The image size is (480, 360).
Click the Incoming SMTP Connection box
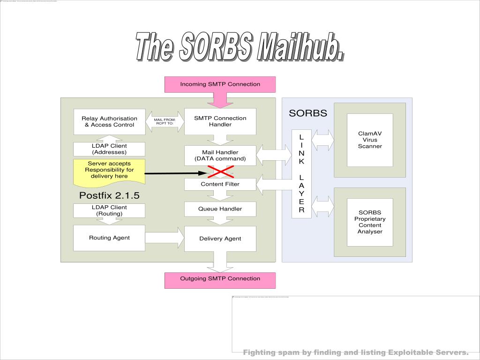[x=220, y=84]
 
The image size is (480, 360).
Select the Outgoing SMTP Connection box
[x=220, y=280]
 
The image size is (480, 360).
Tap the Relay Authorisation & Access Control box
[x=109, y=121]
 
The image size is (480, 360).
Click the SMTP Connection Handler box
[x=220, y=121]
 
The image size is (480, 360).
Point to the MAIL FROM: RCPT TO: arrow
[x=165, y=121]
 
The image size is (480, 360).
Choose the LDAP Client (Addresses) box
[x=109, y=149]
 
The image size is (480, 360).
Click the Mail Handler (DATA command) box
[x=220, y=156]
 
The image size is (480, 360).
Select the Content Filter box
[x=220, y=184]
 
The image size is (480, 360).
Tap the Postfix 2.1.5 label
[x=109, y=195]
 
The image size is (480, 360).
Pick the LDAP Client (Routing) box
[x=109, y=210]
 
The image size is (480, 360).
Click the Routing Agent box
[x=109, y=238]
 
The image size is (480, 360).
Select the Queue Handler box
[x=220, y=209]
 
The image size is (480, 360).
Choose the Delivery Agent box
[x=220, y=239]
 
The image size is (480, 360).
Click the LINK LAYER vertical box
[x=301, y=173]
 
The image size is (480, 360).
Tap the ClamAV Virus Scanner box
[x=370, y=140]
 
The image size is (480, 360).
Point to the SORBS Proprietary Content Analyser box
[x=370, y=222]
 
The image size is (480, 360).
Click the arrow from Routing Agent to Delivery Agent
[x=165, y=238]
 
